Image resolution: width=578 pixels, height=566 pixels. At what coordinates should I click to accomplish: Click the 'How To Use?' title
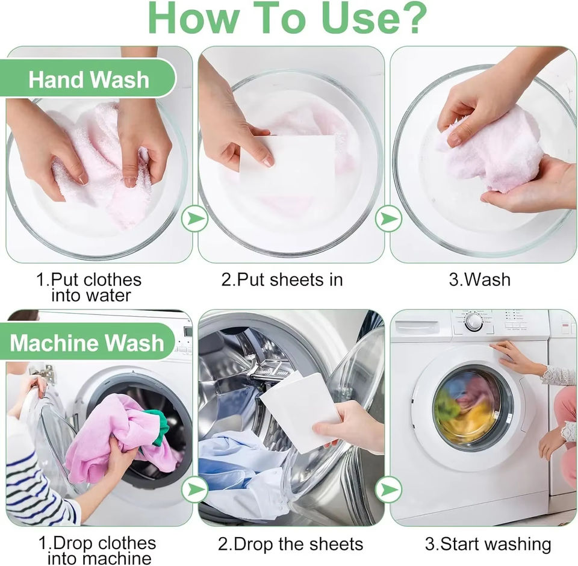(288, 17)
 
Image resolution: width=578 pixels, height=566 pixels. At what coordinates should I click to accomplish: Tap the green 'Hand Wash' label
(88, 79)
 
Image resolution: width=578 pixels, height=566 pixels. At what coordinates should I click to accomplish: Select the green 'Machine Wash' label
(87, 343)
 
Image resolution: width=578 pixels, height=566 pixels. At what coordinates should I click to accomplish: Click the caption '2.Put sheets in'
(282, 279)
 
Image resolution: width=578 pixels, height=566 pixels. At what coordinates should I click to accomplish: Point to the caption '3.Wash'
(480, 279)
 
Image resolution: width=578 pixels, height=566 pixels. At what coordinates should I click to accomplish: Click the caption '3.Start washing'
(488, 544)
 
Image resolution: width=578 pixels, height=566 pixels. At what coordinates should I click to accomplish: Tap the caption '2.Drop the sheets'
(290, 544)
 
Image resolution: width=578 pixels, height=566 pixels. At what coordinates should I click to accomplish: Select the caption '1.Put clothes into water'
(89, 287)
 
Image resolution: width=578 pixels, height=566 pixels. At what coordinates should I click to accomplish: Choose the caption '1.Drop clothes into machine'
(98, 550)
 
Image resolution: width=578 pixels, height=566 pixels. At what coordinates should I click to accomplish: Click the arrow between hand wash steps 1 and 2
(194, 219)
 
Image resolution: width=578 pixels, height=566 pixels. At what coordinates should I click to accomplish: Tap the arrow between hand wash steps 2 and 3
(388, 219)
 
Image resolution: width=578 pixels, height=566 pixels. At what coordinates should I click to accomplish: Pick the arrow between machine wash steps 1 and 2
(194, 490)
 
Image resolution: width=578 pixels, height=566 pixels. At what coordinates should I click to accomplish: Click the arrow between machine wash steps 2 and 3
(388, 490)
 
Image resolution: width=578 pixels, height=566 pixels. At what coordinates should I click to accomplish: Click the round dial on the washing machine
(473, 322)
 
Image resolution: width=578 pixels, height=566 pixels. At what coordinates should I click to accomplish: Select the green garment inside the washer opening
(157, 426)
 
